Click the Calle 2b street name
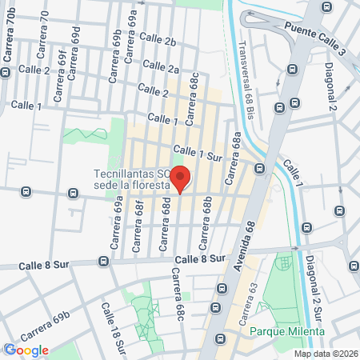(157, 39)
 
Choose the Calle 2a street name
(162, 69)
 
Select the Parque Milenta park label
(286, 331)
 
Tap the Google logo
(26, 350)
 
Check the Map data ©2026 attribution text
(325, 354)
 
